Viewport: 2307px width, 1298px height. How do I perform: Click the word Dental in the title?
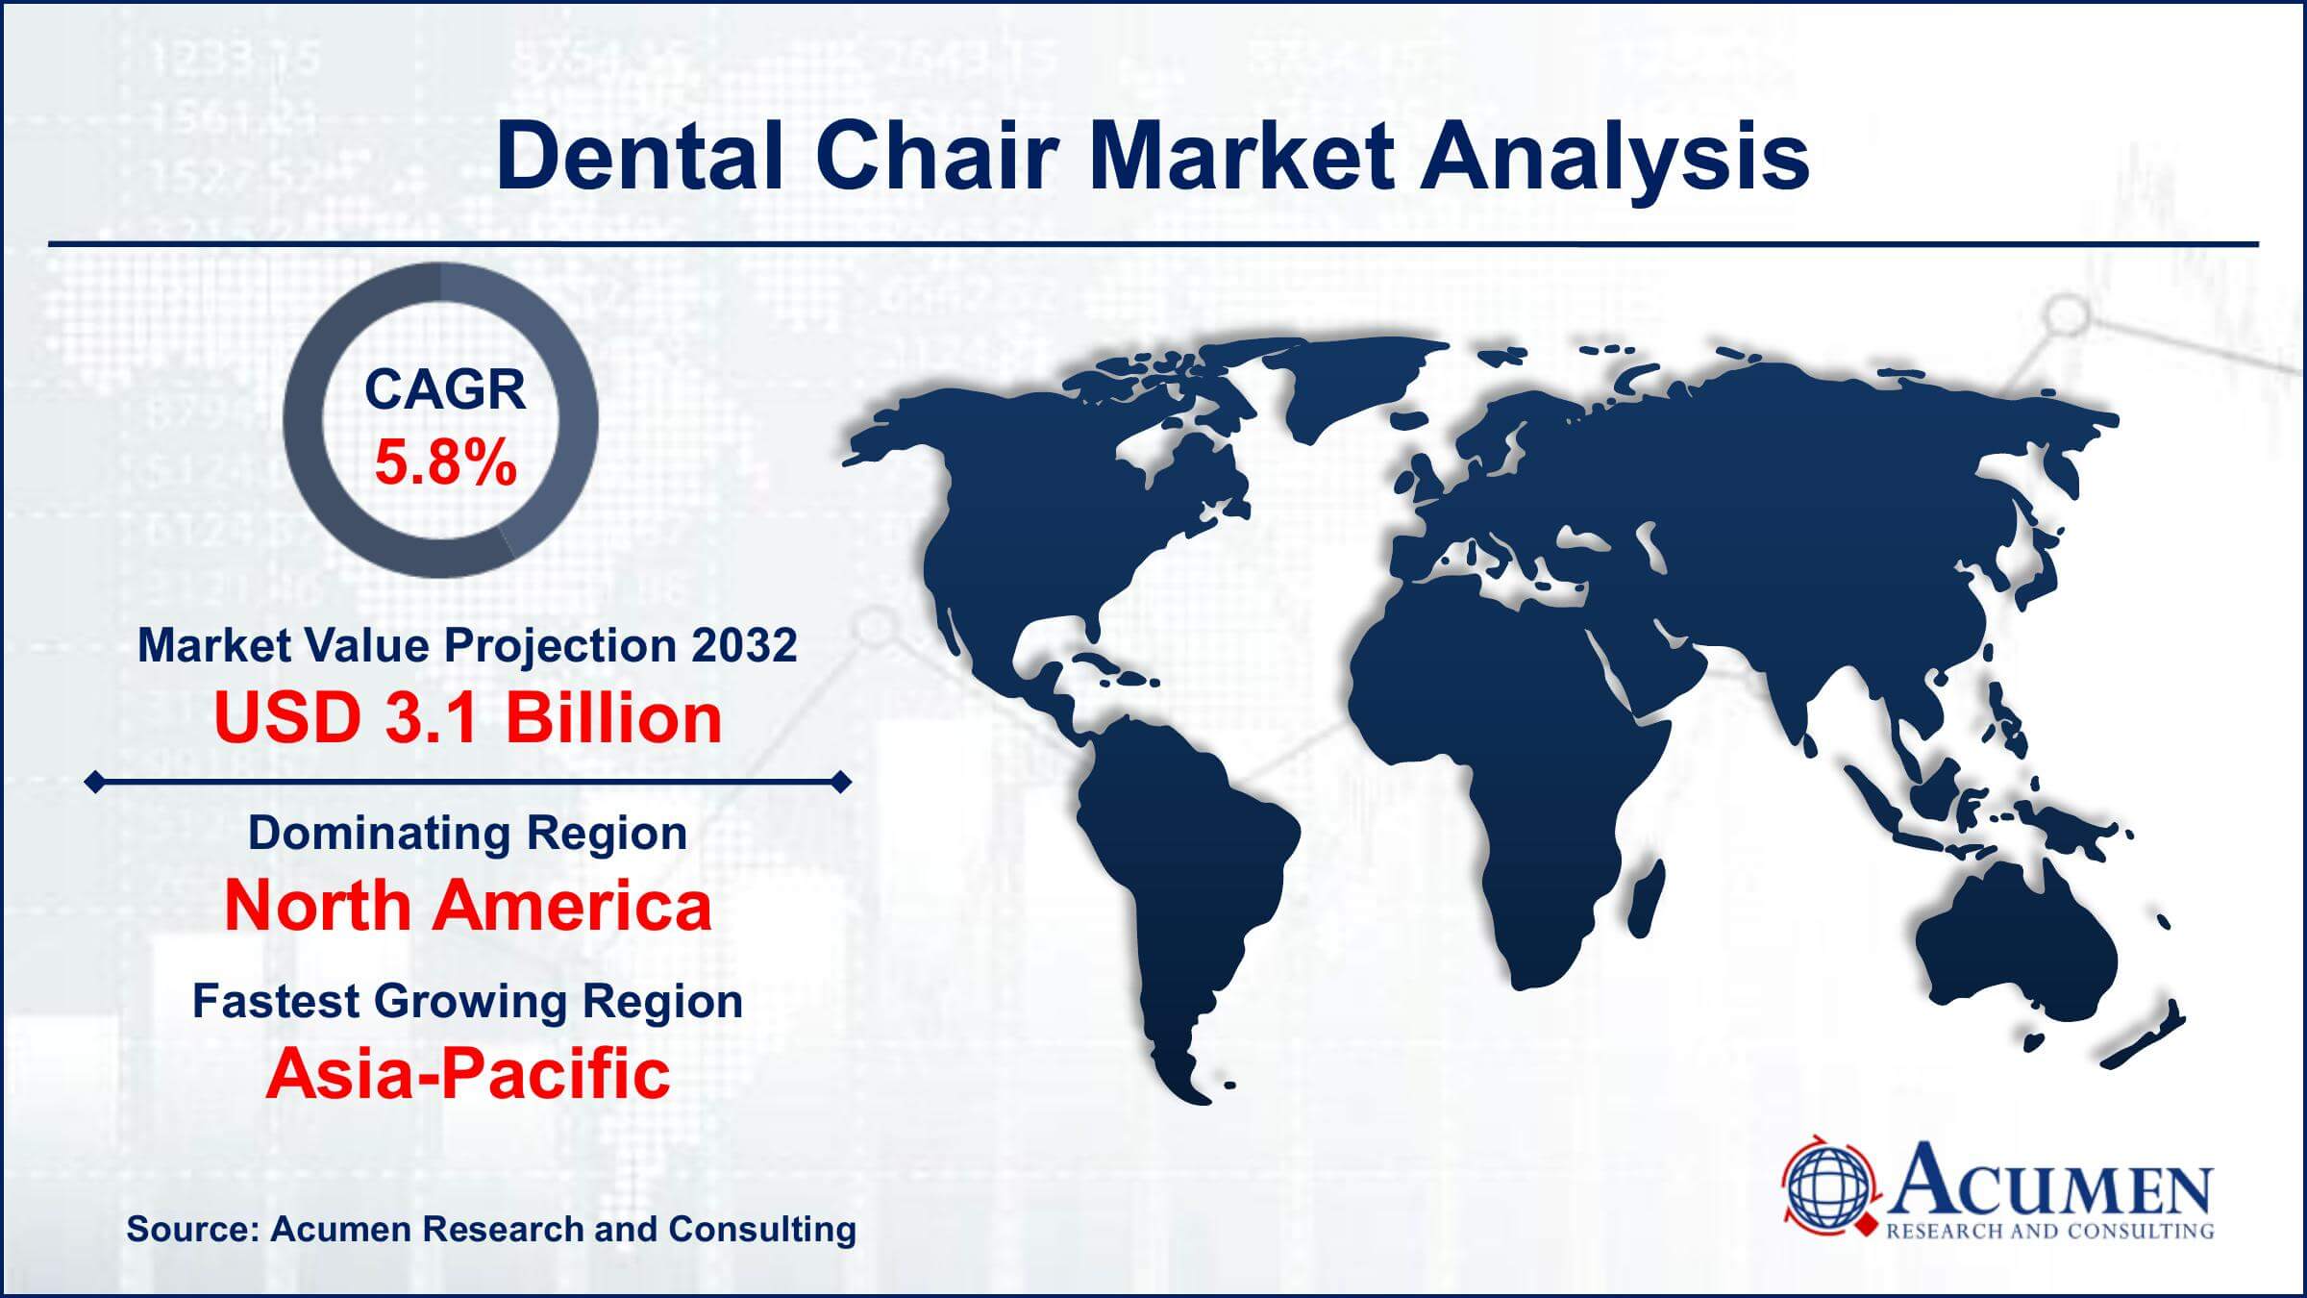point(639,157)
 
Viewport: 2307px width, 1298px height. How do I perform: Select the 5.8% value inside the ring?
point(445,462)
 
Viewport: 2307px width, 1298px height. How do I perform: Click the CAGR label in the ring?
point(444,390)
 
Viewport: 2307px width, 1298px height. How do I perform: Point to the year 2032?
point(744,644)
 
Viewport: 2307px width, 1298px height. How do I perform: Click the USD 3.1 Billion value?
point(468,718)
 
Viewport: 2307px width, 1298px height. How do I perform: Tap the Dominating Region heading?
point(467,833)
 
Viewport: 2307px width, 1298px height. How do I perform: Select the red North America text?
point(467,906)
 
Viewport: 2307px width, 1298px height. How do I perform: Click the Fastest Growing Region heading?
point(467,1001)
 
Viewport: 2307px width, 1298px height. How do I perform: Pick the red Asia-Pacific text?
point(467,1073)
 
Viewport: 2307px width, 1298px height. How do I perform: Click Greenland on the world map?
point(1346,385)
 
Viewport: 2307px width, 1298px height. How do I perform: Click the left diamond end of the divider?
point(94,783)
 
